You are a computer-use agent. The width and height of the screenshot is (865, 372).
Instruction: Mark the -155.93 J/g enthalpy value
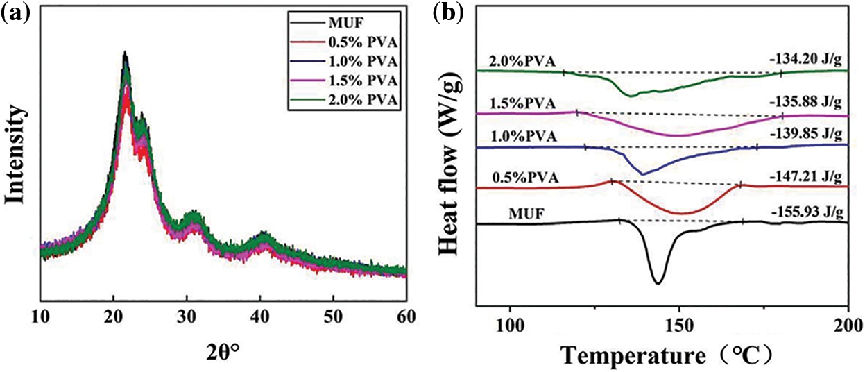click(x=806, y=211)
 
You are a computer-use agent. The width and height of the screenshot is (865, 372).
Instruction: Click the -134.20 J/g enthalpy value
click(x=806, y=60)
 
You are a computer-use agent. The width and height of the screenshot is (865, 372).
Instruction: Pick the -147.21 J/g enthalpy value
click(x=806, y=177)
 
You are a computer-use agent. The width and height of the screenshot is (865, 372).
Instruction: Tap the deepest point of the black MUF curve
click(x=657, y=283)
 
